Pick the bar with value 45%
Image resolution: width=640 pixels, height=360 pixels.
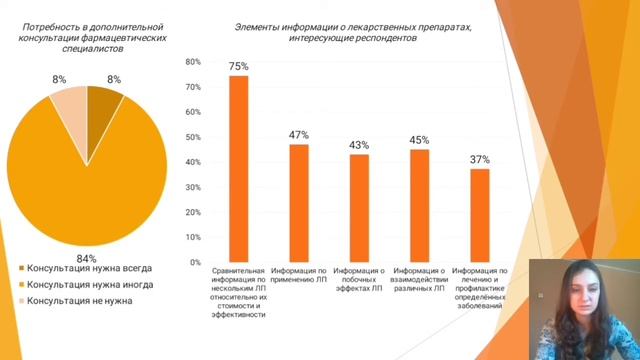coord(419,205)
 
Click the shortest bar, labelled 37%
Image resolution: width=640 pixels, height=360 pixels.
coord(480,215)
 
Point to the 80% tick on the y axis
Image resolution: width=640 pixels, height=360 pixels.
coord(194,62)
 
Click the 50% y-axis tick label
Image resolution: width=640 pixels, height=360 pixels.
coord(194,137)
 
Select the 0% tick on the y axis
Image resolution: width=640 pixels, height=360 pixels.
coord(196,262)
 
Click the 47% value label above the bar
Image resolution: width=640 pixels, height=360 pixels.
coord(299,135)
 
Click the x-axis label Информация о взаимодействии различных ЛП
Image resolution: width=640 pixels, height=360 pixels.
coord(419,279)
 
